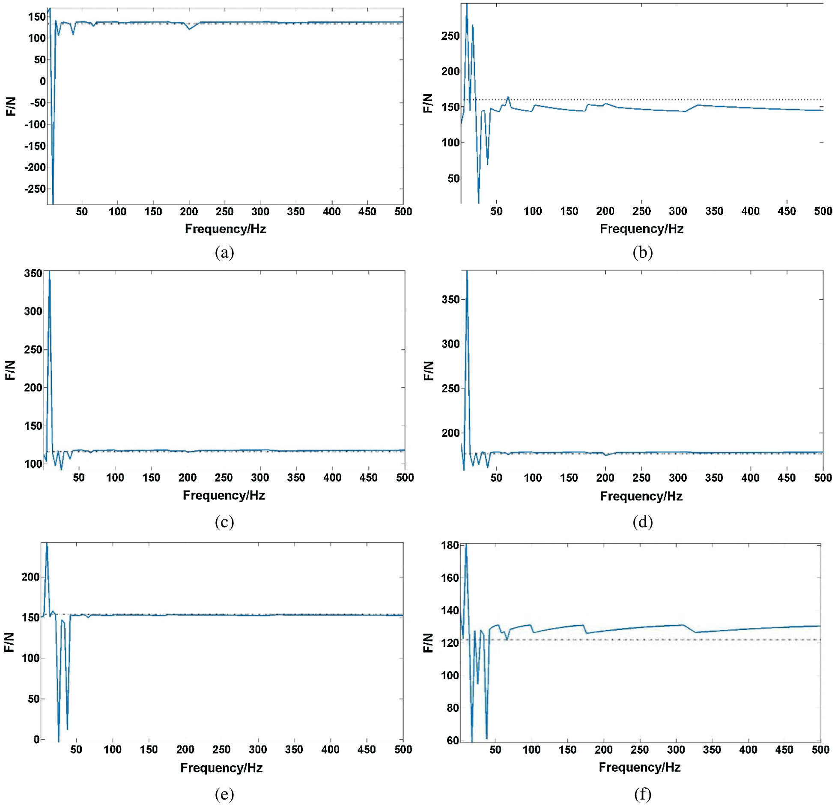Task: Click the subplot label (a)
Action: [x=224, y=252]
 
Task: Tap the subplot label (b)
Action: [x=642, y=252]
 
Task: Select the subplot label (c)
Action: [x=224, y=522]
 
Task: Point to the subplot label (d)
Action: [x=642, y=522]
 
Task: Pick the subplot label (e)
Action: [x=224, y=794]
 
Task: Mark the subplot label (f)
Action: [x=642, y=794]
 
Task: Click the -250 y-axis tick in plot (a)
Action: [x=35, y=189]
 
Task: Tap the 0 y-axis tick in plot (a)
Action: [x=42, y=81]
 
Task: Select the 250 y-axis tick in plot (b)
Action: [x=450, y=36]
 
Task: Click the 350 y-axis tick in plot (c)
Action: [x=33, y=273]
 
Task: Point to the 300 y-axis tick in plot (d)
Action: [x=450, y=344]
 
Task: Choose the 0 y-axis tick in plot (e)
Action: [x=36, y=739]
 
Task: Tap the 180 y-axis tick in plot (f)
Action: [x=450, y=545]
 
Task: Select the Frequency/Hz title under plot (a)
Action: [x=225, y=229]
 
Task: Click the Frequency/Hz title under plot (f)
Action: [x=639, y=767]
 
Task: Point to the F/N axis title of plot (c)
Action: [x=10, y=370]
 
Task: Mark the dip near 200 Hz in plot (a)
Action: [x=189, y=28]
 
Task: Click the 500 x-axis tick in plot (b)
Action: [x=823, y=211]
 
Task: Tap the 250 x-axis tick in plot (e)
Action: [x=221, y=749]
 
